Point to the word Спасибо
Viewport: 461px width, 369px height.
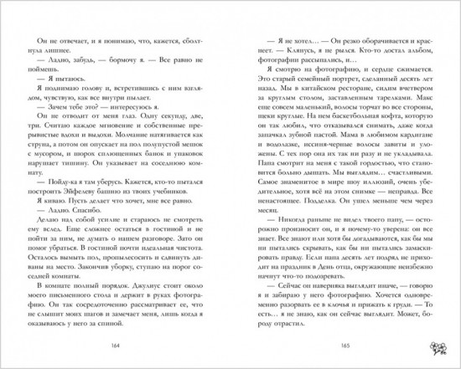coord(89,237)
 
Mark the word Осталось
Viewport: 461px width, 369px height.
coord(48,268)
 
